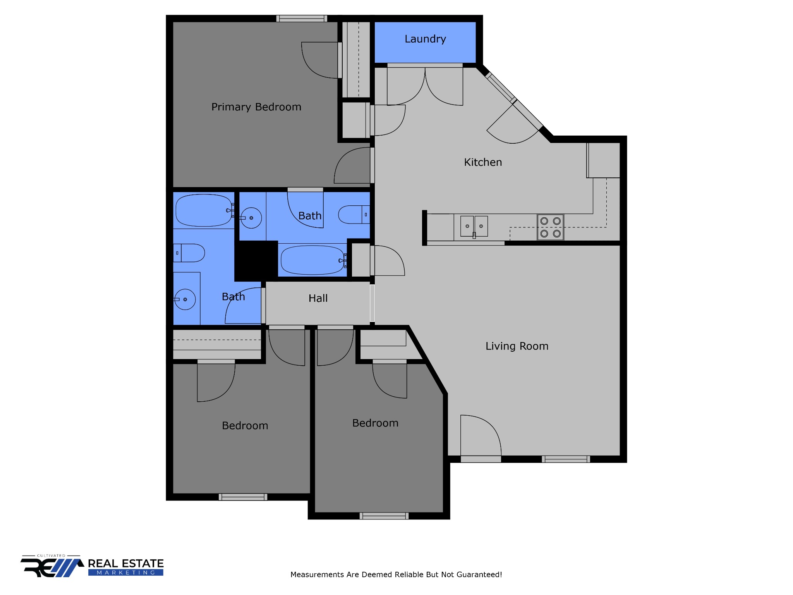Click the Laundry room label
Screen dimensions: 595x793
(425, 39)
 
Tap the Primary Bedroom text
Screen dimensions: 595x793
(256, 107)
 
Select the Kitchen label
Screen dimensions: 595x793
(483, 162)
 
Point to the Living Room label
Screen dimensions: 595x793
(517, 346)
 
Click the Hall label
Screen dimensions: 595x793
(318, 298)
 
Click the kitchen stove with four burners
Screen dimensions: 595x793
(550, 227)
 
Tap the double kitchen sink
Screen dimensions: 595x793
(474, 226)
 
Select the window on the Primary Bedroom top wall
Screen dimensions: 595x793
(302, 18)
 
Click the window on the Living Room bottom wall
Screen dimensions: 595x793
(566, 459)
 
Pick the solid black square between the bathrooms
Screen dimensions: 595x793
(256, 261)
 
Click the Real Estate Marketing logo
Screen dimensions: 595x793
(92, 567)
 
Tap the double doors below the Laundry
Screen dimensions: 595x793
(425, 86)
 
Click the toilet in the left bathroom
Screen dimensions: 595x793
(189, 253)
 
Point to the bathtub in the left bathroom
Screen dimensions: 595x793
(204, 210)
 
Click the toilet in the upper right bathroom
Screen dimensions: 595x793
(354, 215)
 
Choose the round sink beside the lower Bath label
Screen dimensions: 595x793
(185, 299)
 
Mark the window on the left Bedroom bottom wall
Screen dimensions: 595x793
(243, 497)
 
